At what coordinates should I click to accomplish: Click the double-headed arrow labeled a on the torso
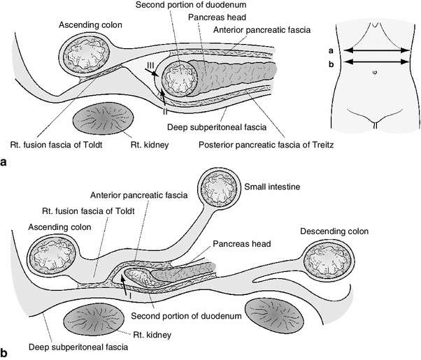pos(376,50)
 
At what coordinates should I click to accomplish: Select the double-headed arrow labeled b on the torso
pos(376,62)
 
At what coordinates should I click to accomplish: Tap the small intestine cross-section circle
pos(220,190)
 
